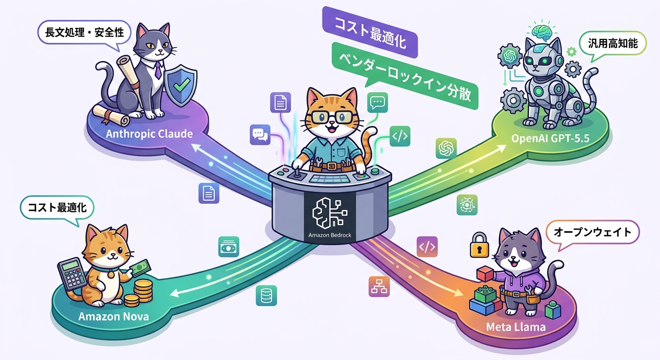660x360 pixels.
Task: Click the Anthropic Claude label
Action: coord(149,134)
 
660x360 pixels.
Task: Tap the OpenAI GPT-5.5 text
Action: coord(550,138)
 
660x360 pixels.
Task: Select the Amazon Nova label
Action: coord(113,316)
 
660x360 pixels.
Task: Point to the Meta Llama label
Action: coord(516,327)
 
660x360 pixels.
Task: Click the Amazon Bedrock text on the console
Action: coord(330,235)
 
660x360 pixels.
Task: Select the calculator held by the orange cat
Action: coord(73,275)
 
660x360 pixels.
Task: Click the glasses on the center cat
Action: coord(332,117)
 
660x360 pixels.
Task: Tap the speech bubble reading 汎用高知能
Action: coord(612,44)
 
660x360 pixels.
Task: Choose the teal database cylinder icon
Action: coord(266,295)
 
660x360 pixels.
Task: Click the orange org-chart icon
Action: coord(379,286)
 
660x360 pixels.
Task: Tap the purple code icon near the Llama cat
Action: coord(427,247)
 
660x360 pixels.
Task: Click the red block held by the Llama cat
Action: coord(485,274)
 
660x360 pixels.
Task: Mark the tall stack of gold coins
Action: coord(143,290)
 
